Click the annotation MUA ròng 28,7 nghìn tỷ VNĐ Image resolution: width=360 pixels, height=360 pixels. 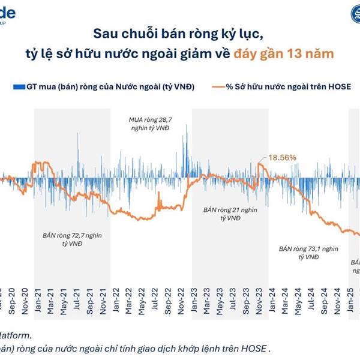148,125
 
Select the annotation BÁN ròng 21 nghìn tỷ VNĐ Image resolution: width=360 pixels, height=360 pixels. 221,215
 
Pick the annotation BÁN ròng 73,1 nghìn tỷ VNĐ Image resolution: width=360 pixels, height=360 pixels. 307,252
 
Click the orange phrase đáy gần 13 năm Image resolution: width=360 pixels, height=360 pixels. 284,53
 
